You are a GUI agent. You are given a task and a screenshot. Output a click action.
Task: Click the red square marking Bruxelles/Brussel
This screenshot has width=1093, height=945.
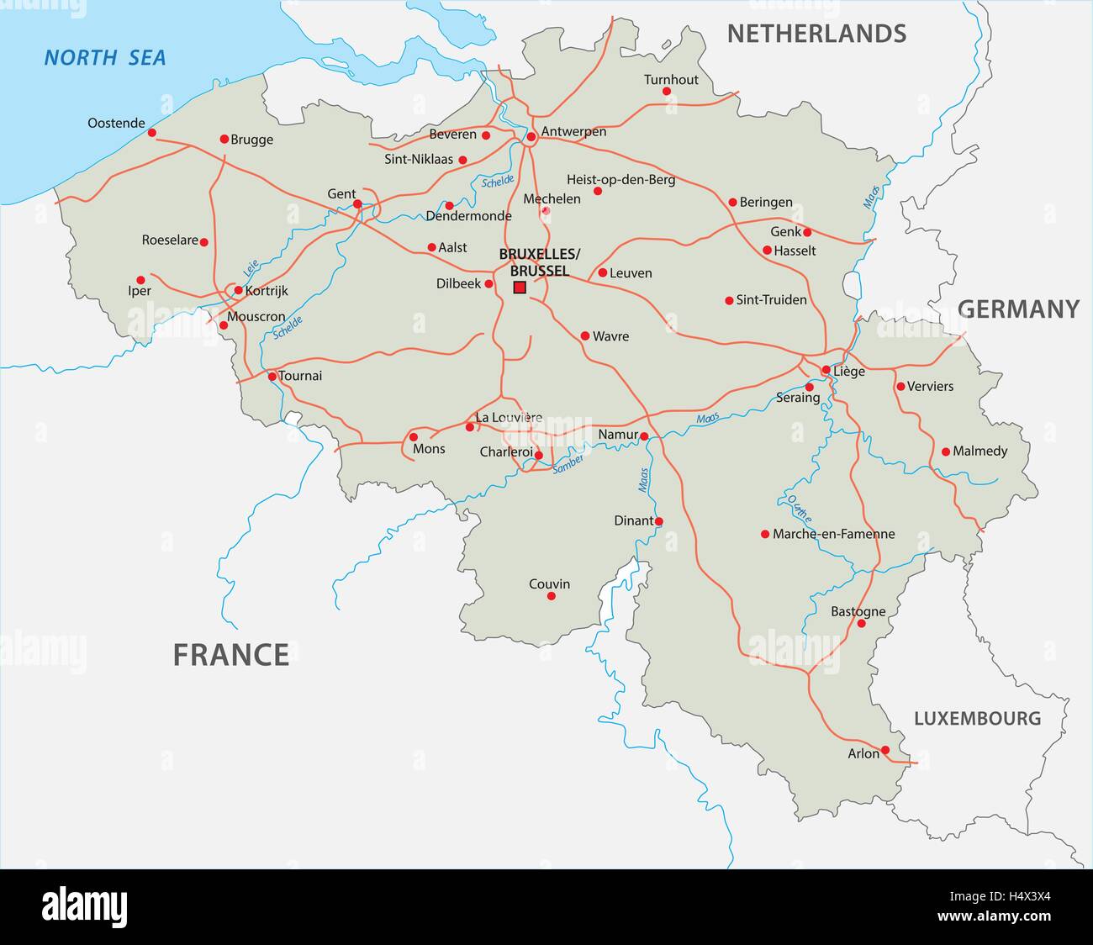tap(520, 288)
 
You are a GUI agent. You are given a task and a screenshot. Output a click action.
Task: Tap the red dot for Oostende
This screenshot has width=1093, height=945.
tap(152, 133)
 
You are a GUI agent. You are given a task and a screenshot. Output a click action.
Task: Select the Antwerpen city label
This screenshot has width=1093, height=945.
tap(573, 132)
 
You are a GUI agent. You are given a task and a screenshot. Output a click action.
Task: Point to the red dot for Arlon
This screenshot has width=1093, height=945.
tap(885, 750)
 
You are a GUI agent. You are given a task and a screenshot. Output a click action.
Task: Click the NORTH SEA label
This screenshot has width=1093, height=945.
tap(105, 58)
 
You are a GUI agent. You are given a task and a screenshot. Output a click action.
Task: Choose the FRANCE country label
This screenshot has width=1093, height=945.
tap(231, 654)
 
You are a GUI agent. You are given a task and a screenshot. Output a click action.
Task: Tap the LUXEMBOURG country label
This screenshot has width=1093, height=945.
tap(977, 719)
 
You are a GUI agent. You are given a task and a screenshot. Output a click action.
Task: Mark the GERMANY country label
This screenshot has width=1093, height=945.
tap(1018, 309)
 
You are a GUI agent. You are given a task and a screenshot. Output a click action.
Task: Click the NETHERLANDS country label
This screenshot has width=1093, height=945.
tap(816, 34)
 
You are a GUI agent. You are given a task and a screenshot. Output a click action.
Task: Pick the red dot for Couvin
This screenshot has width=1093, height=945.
tap(552, 596)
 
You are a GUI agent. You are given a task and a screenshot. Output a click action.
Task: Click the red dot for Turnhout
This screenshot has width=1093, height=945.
tap(667, 91)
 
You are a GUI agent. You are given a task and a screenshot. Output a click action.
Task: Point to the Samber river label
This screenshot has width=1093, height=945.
tap(568, 463)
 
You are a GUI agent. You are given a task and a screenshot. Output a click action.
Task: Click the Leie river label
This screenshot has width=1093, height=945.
tap(250, 268)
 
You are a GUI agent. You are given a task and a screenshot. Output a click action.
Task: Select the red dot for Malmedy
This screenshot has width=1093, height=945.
tap(946, 451)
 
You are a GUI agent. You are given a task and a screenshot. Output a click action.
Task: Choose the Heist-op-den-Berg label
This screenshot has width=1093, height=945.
tap(620, 180)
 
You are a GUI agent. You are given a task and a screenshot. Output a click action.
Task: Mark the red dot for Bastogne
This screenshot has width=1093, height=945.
tap(862, 624)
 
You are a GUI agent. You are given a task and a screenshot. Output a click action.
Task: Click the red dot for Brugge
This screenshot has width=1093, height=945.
tap(224, 140)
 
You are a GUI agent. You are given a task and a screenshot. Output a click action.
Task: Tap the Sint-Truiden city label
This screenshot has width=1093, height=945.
tap(771, 300)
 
